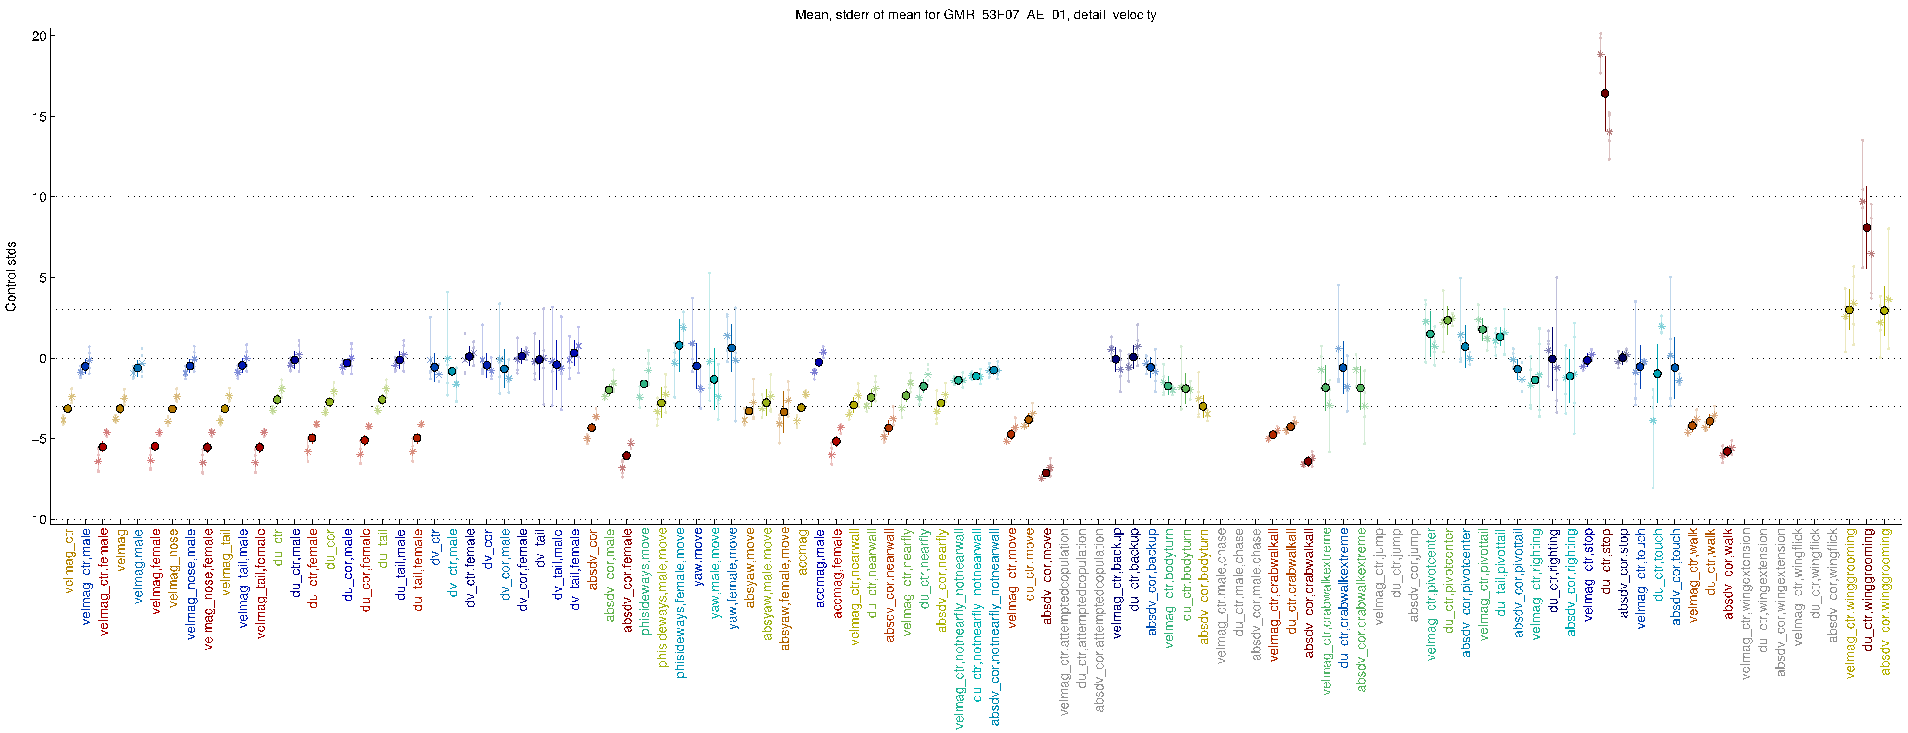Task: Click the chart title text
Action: (975, 15)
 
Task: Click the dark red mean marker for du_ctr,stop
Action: (1604, 93)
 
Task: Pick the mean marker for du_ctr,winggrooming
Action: (1866, 227)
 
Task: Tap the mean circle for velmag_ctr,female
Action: (102, 447)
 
